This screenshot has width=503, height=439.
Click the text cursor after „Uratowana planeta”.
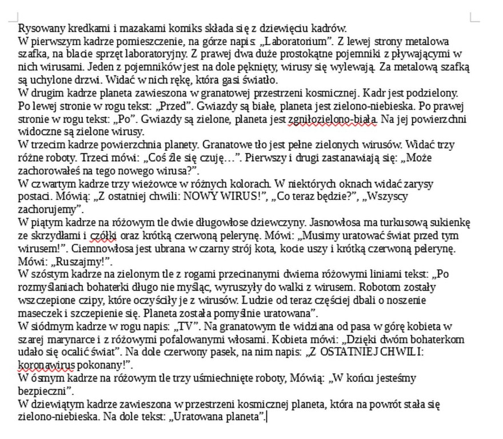pyautogui.click(x=267, y=417)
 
